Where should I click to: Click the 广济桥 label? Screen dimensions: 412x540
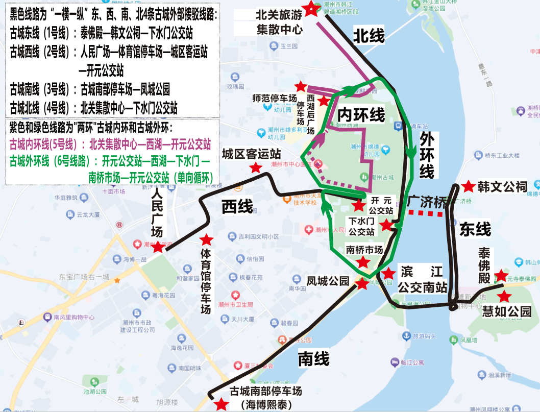(427, 202)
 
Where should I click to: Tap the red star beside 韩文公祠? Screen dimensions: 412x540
(467, 187)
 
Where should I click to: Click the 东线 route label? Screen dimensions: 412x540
(475, 229)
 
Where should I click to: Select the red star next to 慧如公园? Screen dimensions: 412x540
(504, 296)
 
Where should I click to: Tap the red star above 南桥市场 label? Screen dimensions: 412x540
(363, 262)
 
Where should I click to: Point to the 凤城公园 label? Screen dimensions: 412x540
(328, 281)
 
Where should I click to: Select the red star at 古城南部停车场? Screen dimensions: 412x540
(222, 404)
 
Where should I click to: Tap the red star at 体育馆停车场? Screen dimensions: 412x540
(206, 239)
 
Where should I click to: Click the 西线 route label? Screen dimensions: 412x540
(237, 207)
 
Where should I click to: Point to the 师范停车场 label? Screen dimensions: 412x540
(275, 98)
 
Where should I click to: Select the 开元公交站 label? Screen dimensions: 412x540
(381, 205)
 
